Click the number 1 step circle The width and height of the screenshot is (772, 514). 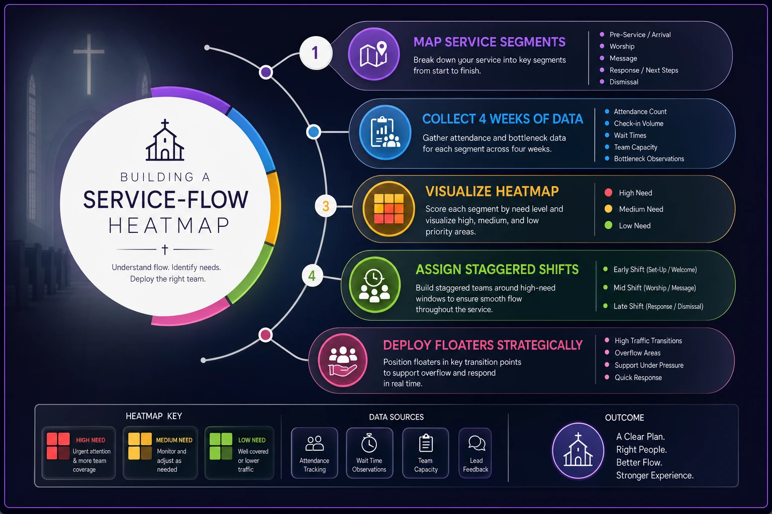316,53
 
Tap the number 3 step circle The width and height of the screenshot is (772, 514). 326,206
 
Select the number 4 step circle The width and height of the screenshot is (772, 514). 312,276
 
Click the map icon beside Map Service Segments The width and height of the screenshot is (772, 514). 373,54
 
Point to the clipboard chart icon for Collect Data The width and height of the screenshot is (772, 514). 385,132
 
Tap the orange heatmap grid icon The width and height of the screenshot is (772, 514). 389,209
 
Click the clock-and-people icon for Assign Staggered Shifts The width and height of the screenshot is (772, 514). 374,285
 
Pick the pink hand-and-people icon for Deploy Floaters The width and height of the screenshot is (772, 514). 343,360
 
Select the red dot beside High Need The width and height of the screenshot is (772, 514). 608,192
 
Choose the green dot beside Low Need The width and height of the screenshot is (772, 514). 608,225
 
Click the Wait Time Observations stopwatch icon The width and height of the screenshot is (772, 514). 369,443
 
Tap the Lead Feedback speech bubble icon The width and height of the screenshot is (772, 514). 476,443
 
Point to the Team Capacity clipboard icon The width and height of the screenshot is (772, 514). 426,443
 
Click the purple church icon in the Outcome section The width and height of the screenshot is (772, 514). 578,451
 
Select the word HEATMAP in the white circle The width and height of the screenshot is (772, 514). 169,225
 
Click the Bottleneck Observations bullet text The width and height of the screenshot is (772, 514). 649,159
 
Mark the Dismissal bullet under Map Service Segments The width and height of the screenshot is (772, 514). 624,82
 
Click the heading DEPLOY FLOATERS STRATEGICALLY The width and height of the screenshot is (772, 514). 483,345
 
